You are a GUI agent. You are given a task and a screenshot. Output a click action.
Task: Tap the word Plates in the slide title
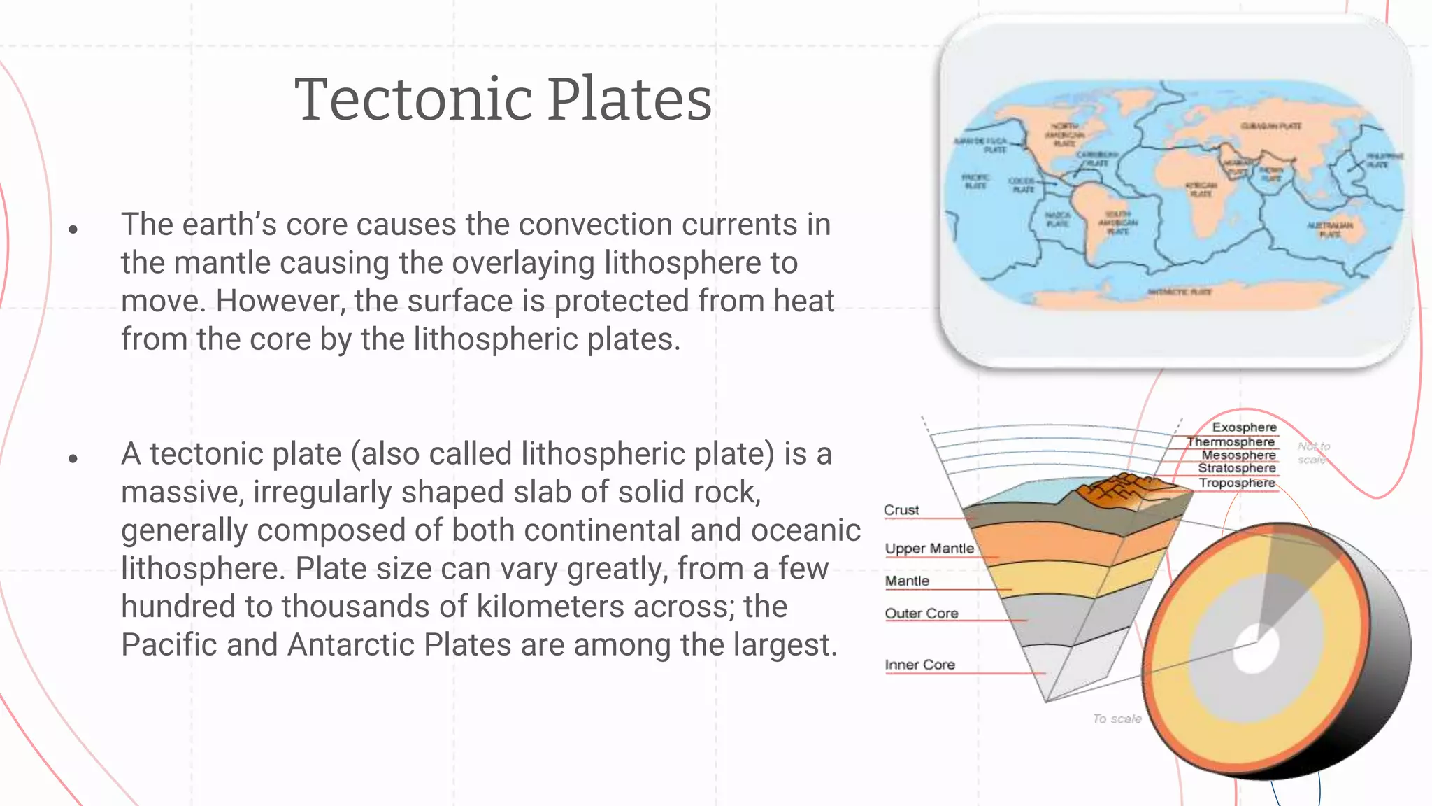point(629,100)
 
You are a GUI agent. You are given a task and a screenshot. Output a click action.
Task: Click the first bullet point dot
point(73,229)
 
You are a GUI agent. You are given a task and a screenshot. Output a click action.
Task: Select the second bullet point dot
point(73,459)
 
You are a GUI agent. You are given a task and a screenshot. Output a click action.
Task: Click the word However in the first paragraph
point(280,302)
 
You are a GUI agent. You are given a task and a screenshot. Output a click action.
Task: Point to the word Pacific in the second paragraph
point(169,645)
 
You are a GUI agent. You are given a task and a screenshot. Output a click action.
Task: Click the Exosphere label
point(1244,427)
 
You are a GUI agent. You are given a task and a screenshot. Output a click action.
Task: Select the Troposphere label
point(1236,483)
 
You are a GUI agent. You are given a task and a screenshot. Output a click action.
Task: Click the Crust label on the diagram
point(901,510)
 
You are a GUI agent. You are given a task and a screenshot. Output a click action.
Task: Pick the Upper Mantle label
point(929,549)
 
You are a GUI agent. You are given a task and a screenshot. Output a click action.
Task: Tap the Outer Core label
point(921,614)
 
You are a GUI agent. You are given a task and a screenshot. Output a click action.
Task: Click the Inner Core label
point(919,665)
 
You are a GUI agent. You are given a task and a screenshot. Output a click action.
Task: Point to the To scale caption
point(1117,719)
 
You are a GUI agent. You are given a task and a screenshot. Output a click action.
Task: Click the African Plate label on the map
point(1201,190)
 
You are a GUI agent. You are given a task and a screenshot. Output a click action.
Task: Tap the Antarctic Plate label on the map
point(1180,292)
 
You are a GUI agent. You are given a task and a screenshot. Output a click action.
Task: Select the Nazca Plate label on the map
point(1057,220)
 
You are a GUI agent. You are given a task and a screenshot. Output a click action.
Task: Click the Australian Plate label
point(1330,229)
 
